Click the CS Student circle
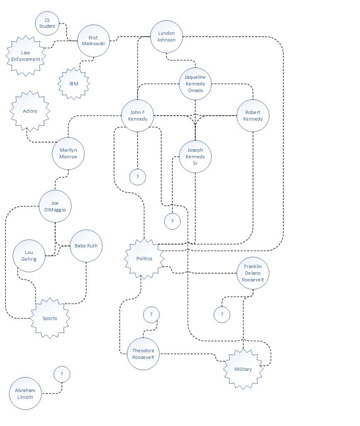47,23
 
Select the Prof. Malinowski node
94,41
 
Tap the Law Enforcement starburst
26,56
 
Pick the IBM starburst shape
74,84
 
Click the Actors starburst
30,111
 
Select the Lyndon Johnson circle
167,36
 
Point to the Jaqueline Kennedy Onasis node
195,84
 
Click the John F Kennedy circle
138,116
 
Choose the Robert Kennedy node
253,116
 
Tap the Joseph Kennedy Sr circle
195,157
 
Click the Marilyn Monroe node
68,153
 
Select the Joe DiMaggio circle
55,206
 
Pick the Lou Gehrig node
29,256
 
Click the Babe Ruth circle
86,246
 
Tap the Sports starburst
50,318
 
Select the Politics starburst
144,259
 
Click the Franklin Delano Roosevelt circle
253,273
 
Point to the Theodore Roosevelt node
143,354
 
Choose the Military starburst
243,369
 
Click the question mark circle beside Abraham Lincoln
62,374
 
